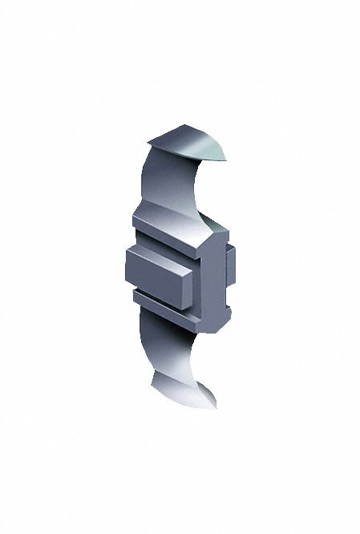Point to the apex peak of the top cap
click(187, 126)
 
